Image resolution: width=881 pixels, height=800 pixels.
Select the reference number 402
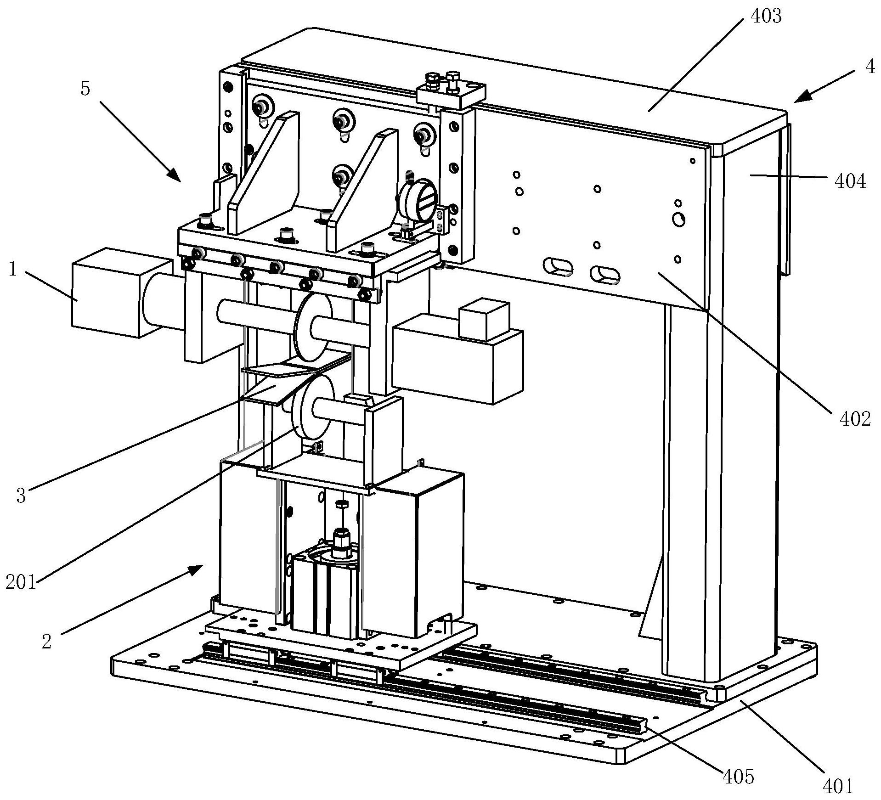[x=855, y=419]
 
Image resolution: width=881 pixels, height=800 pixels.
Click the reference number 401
[x=836, y=786]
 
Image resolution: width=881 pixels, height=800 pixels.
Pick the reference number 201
[x=21, y=583]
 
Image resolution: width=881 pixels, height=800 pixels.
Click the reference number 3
[x=21, y=496]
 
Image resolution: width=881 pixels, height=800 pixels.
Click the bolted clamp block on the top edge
[x=451, y=91]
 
